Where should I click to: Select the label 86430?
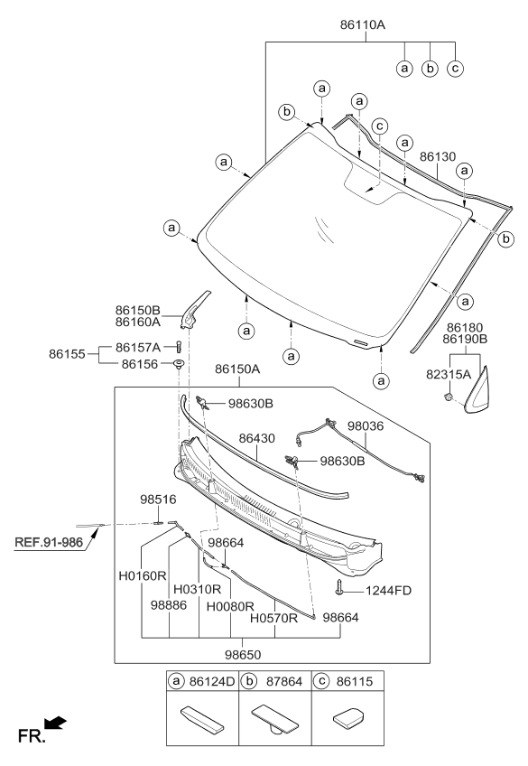point(257,437)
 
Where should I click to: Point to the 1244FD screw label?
point(389,591)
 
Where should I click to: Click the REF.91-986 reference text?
point(49,543)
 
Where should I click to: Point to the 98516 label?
point(157,498)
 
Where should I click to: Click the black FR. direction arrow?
point(56,721)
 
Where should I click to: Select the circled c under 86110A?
point(456,69)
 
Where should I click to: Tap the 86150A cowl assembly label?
point(237,369)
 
